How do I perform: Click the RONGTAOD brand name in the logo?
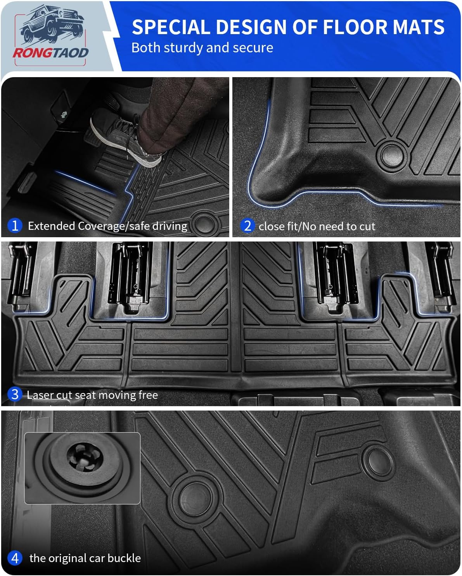point(51,52)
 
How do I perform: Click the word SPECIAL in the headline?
point(171,27)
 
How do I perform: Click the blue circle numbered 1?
point(15,225)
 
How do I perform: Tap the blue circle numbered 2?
point(247,226)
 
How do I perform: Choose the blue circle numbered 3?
point(15,394)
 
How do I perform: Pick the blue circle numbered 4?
point(15,558)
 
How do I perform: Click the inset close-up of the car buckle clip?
point(82,468)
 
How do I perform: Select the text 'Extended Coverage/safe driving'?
point(107,226)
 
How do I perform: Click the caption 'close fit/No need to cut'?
point(317,226)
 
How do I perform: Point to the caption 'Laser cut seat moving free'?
point(92,395)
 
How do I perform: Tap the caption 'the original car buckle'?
point(85,558)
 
